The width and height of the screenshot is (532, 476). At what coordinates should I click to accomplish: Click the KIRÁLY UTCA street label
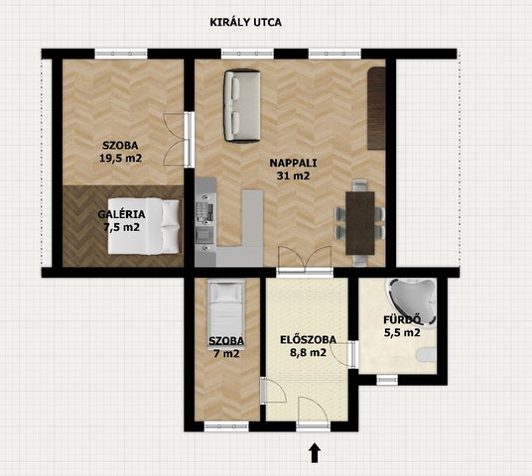coord(245,22)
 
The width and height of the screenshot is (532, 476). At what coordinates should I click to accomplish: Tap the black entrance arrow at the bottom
coord(315,452)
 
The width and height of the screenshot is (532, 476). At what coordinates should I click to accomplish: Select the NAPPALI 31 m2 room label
coord(293,170)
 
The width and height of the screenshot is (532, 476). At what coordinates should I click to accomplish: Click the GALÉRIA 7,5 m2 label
coord(121,221)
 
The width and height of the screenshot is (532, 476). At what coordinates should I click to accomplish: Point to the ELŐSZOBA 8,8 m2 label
coord(308,346)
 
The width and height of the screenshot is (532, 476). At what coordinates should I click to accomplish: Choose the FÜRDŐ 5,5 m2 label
coord(402,326)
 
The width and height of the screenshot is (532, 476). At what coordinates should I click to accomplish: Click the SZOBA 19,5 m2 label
coord(120,152)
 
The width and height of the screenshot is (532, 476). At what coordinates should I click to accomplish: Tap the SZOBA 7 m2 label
coord(226,347)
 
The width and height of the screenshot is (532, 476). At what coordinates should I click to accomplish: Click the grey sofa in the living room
coord(242,106)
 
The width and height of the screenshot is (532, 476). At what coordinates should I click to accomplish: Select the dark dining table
coord(360,223)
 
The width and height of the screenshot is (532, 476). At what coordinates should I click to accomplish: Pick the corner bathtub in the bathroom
coord(411,302)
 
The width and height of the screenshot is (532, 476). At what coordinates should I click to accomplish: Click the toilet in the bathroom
coord(427,355)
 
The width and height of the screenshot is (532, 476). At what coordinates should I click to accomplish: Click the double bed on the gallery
coord(144,226)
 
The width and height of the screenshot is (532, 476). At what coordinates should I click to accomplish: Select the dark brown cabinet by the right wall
coord(376,108)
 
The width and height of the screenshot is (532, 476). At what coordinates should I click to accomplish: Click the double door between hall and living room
coord(305,261)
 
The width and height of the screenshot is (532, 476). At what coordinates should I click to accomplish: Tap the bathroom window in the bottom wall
coord(387,380)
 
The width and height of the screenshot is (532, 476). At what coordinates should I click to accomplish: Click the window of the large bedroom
coord(121,54)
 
